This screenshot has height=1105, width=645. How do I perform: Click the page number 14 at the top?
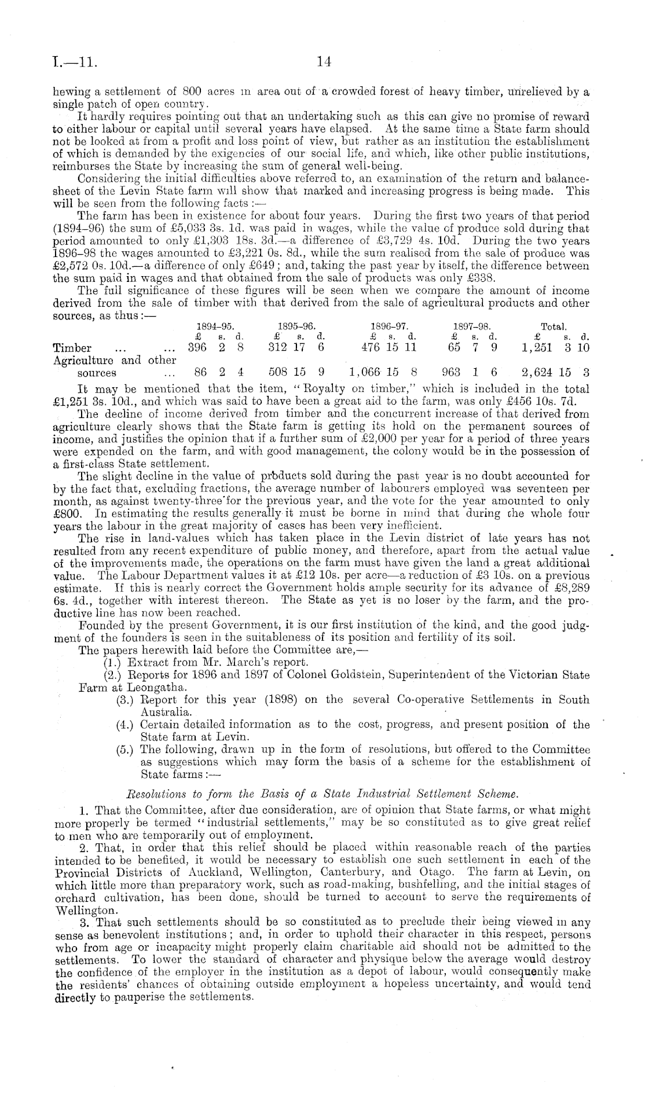coord(324,60)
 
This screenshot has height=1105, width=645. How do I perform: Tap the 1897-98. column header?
coord(474,326)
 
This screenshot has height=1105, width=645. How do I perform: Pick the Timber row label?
coord(72,348)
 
